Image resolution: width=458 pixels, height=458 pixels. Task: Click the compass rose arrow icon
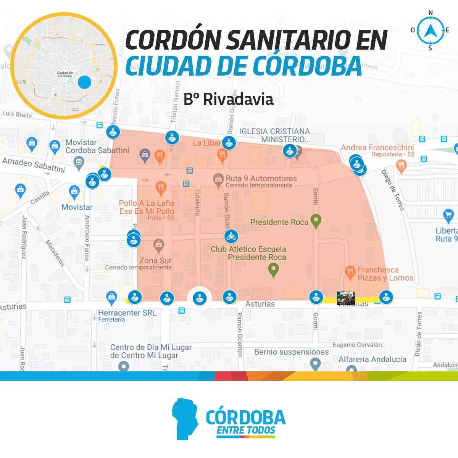click(431, 31)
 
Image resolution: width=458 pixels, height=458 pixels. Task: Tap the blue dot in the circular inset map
click(84, 82)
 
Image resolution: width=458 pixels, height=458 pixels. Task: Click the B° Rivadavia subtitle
click(228, 99)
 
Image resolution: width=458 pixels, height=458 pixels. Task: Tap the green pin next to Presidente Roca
click(316, 221)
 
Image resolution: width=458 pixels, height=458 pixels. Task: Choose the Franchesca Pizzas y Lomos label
click(385, 274)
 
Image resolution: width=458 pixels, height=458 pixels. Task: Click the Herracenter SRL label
click(127, 313)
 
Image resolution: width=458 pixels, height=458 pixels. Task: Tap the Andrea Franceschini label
click(377, 147)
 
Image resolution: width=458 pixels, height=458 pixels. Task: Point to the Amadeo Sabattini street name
click(34, 165)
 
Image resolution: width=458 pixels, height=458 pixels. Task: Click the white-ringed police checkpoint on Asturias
click(199, 298)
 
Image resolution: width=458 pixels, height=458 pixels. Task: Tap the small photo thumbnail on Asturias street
click(346, 298)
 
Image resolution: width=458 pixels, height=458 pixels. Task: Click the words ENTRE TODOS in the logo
click(245, 430)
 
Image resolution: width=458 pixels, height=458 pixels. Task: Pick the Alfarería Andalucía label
click(372, 359)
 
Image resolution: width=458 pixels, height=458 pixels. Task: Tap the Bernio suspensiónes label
click(291, 352)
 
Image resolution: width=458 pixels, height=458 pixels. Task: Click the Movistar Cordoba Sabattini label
click(97, 146)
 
